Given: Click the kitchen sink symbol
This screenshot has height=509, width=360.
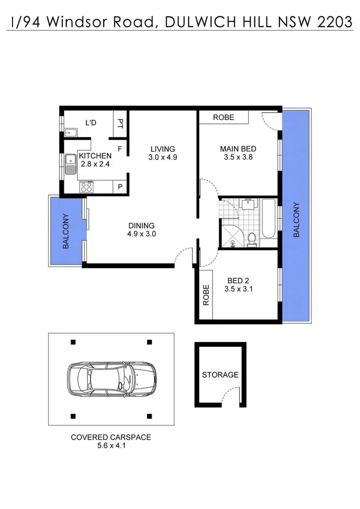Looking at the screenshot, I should (x=71, y=163).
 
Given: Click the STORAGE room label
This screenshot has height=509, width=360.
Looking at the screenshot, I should (x=220, y=375).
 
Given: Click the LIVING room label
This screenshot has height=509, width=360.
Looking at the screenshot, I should (x=162, y=149).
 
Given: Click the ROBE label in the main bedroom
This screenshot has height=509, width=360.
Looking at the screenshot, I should (x=224, y=117).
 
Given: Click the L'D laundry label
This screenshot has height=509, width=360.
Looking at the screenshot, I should (x=91, y=123).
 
